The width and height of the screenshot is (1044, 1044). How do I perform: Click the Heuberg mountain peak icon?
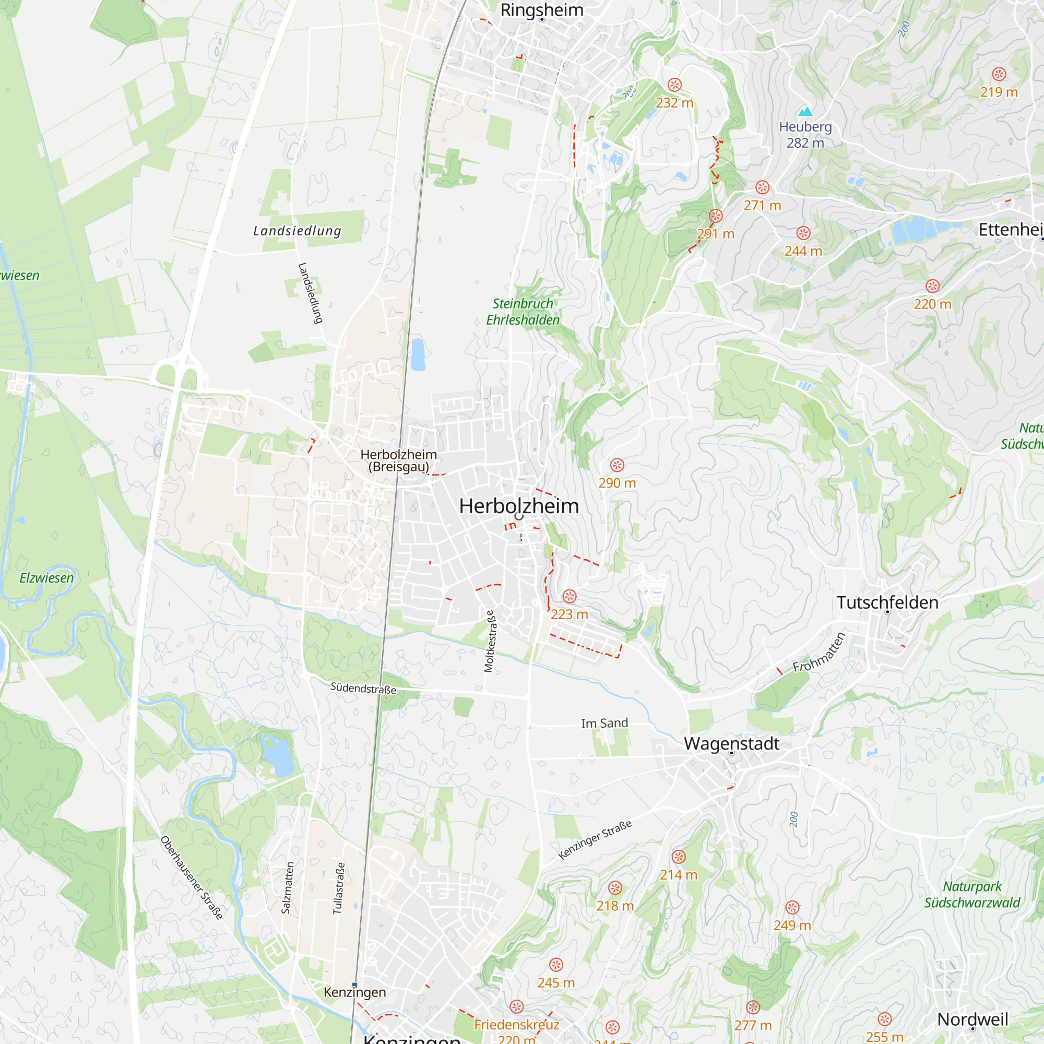(x=805, y=111)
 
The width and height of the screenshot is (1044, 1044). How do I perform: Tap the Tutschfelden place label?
(x=887, y=602)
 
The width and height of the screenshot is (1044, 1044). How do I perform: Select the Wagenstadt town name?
(x=732, y=743)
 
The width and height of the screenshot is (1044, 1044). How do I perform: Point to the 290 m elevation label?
(x=617, y=483)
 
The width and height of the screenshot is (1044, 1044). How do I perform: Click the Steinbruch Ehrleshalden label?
(x=523, y=312)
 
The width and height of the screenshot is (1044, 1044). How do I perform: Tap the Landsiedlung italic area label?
(x=297, y=231)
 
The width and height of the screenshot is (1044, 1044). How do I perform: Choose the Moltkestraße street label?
(x=489, y=642)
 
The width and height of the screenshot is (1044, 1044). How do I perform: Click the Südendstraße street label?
(x=363, y=689)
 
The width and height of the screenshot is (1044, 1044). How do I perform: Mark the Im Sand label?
(x=604, y=723)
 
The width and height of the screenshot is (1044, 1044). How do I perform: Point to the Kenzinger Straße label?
(x=595, y=840)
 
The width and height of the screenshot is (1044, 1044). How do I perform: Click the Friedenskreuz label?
(x=517, y=1025)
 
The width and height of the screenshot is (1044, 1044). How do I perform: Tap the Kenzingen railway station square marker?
(x=354, y=985)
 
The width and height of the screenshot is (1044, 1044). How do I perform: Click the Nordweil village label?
(x=972, y=1019)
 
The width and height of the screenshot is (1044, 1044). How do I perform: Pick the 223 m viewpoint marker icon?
(x=570, y=597)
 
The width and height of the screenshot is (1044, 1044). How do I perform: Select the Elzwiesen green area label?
(x=46, y=578)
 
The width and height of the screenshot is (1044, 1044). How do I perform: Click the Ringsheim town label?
(x=541, y=10)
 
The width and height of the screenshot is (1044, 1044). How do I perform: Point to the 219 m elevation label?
(x=999, y=92)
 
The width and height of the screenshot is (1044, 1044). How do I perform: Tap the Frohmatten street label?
(x=818, y=652)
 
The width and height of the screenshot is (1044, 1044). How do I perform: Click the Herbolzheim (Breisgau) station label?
(x=399, y=460)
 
